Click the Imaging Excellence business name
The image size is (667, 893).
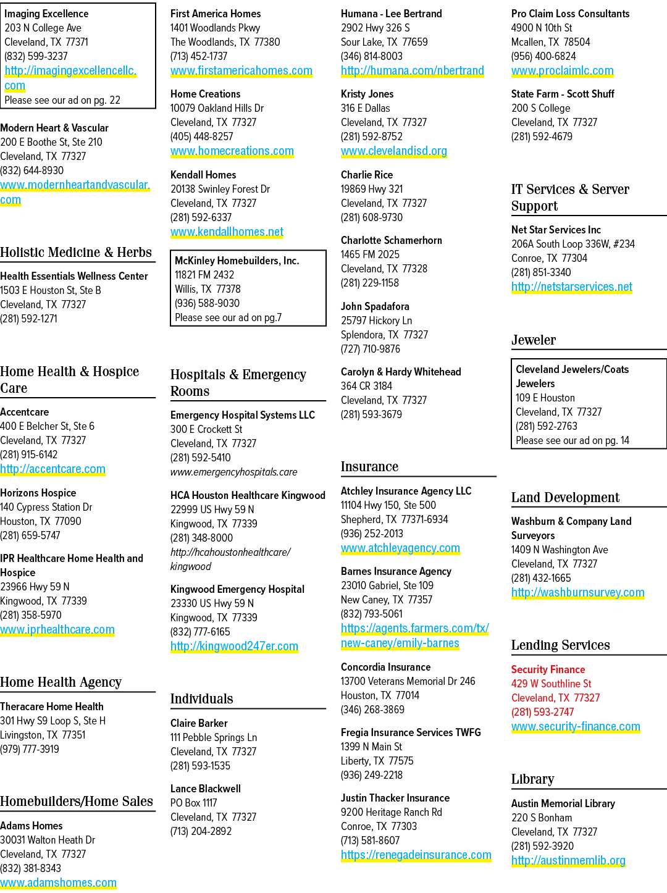46,14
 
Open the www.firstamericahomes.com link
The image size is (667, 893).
241,71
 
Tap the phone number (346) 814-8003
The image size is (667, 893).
372,56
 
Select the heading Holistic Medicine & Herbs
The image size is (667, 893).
75,252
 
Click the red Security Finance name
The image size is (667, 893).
548,669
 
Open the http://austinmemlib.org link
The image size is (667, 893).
568,860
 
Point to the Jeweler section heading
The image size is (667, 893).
533,340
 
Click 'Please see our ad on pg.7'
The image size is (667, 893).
228,317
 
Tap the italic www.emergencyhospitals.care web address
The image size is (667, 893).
234,472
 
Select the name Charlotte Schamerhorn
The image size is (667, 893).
392,240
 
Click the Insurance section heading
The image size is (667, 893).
369,466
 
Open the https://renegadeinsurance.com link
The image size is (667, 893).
416,855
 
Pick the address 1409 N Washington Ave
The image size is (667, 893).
560,550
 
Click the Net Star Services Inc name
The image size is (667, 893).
556,230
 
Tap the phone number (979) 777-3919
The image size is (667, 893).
30,749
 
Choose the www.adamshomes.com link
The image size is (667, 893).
58,883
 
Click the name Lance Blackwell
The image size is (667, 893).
206,789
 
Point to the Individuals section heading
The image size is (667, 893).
202,698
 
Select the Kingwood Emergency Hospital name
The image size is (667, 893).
237,589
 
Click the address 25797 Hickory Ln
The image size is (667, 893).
376,321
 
